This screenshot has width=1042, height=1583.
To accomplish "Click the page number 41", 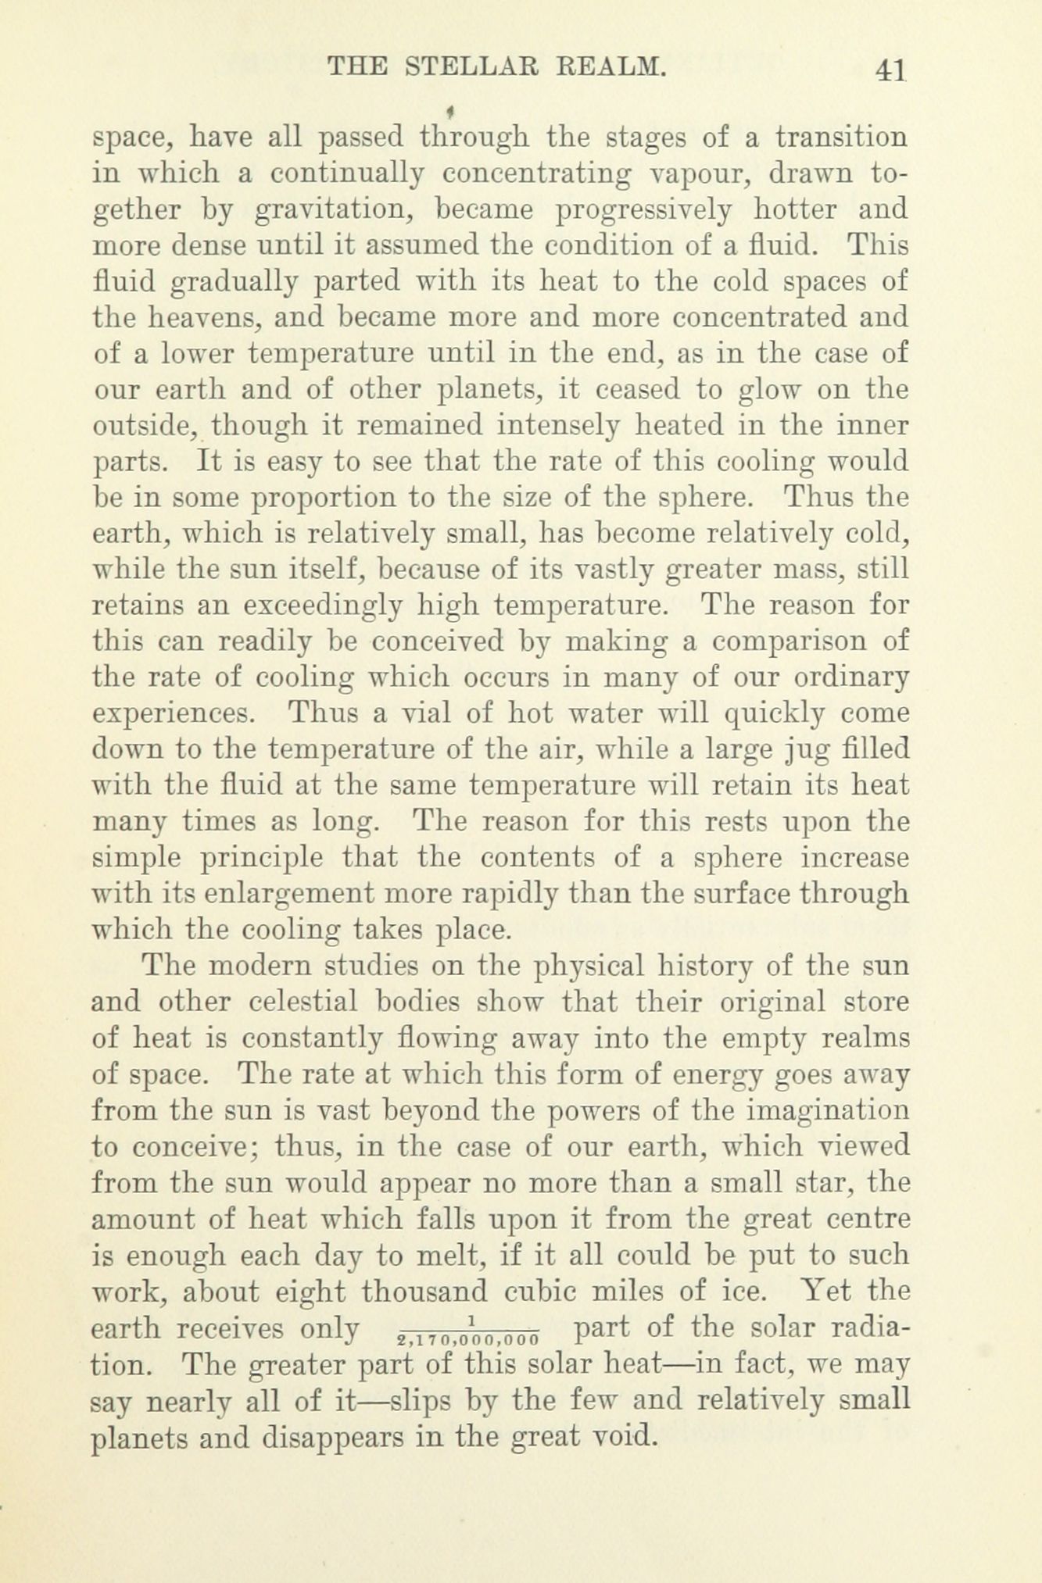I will (x=891, y=69).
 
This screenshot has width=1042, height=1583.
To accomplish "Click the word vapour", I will (x=698, y=173).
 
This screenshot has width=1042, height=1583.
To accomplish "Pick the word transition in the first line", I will (x=840, y=138).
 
